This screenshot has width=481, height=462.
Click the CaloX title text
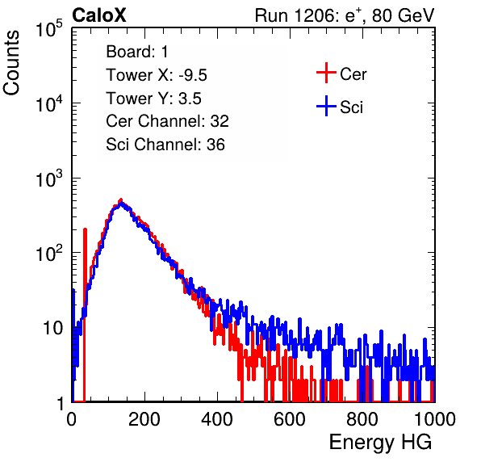[98, 15]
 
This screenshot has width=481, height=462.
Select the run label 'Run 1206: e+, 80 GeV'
[345, 15]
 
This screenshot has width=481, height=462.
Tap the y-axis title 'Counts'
[11, 62]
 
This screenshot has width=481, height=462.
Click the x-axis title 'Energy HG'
[380, 443]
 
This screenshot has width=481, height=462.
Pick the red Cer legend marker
[326, 73]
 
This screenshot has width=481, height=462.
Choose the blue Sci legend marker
[326, 107]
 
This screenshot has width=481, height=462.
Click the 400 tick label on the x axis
[217, 419]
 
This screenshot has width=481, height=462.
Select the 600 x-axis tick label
[290, 419]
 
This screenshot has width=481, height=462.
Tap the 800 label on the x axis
[362, 419]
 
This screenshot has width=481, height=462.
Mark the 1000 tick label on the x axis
[435, 419]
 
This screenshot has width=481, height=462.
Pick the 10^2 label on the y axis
[49, 253]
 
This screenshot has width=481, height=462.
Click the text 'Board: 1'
[137, 52]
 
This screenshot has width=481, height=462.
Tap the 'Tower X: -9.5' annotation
[157, 75]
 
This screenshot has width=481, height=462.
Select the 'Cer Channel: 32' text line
[167, 121]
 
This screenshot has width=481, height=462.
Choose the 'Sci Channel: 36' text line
[165, 145]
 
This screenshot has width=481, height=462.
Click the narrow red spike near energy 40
[85, 313]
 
